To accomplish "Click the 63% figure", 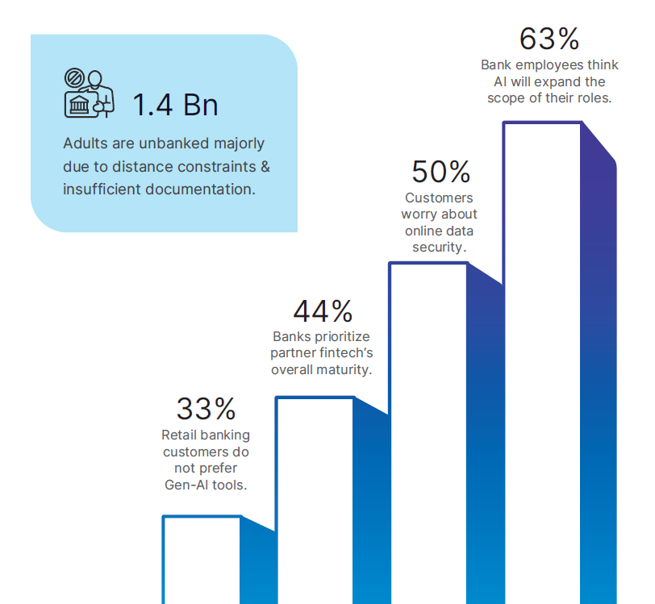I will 549,39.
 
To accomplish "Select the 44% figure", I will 323,310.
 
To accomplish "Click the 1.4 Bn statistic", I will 175,105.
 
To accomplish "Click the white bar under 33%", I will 202,560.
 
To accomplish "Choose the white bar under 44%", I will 315,500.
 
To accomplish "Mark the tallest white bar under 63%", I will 542,363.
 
